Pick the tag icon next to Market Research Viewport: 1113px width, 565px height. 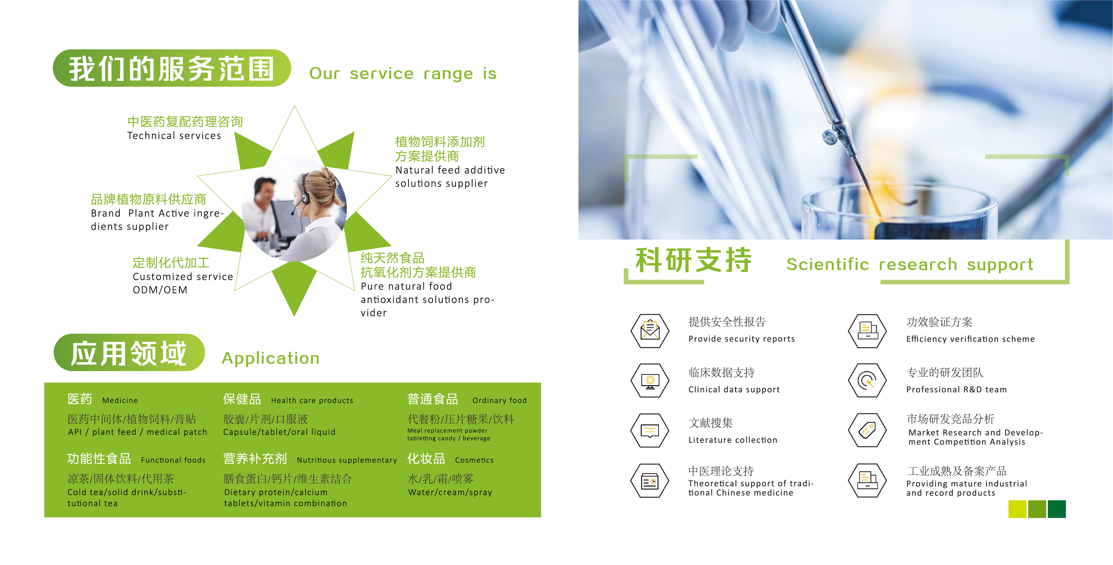point(867,430)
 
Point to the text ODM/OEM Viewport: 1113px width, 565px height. point(160,290)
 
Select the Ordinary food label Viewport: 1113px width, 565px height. point(499,400)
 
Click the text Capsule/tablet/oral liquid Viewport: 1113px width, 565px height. point(279,432)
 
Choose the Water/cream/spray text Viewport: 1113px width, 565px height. point(450,492)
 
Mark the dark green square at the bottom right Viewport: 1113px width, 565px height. point(1056,509)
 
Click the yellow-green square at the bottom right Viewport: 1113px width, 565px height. point(1017,509)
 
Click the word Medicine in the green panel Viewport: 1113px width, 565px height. point(120,400)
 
